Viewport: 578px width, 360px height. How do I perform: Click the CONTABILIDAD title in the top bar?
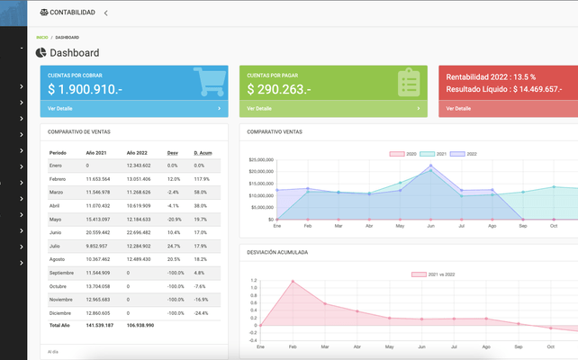(x=73, y=13)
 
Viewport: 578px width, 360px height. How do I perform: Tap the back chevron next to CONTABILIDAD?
(x=105, y=13)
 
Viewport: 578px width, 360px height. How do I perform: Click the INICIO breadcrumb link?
(x=41, y=37)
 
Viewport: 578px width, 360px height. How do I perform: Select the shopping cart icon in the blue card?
(x=210, y=82)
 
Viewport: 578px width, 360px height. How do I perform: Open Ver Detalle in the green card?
(x=259, y=108)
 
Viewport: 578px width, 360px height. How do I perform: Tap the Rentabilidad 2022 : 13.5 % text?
(x=489, y=76)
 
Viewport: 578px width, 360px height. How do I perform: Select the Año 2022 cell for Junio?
(x=140, y=232)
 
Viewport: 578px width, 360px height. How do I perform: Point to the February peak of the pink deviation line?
(x=293, y=282)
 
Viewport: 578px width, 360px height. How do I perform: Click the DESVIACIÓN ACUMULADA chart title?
(x=277, y=252)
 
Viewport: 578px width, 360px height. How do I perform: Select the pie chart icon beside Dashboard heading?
(x=41, y=53)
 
